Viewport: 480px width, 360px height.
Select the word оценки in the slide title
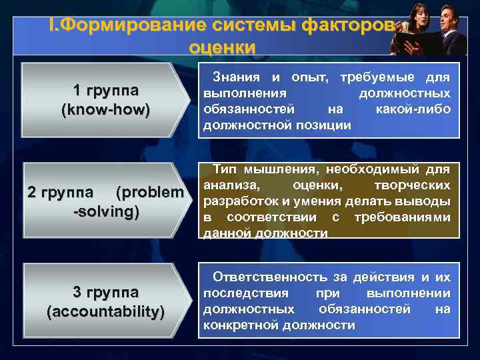(x=222, y=47)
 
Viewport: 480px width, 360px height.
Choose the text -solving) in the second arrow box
(x=105, y=211)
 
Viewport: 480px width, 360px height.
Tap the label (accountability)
(x=105, y=311)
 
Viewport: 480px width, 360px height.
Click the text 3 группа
(x=105, y=292)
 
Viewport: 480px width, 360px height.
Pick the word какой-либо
(x=413, y=109)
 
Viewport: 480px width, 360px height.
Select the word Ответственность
(x=270, y=277)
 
